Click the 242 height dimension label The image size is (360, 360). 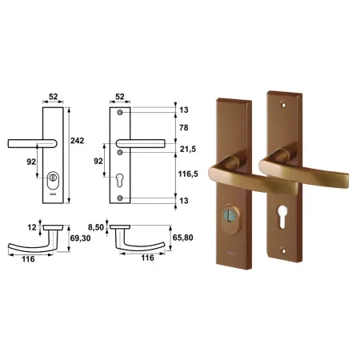(x=77, y=141)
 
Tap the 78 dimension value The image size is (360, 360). (x=184, y=128)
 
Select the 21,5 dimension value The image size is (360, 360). (x=188, y=149)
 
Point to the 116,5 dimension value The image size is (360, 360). (x=188, y=174)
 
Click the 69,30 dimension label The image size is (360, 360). (x=80, y=238)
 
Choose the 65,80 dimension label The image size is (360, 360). (x=182, y=238)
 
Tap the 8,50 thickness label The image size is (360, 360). (x=96, y=227)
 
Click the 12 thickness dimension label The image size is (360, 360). (x=32, y=227)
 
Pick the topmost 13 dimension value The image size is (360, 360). (x=184, y=110)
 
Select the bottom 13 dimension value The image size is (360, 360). (x=184, y=201)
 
